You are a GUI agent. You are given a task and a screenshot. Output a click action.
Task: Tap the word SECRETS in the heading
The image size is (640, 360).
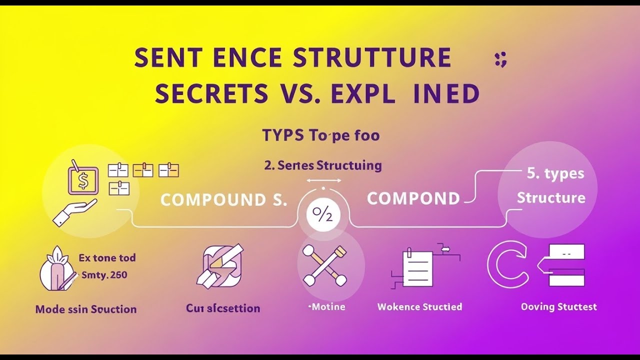211,93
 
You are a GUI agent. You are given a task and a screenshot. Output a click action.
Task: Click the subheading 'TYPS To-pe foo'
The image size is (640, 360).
320,135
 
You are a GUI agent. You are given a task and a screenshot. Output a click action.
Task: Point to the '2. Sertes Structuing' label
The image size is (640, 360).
322,165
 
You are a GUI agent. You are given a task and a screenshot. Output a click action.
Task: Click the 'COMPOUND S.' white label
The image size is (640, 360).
223,200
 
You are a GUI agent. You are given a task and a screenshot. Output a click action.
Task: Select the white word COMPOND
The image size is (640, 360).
413,198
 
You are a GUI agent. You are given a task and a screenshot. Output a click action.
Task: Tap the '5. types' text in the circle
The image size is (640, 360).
555,174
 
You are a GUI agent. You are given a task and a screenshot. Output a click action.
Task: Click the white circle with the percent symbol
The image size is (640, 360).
322,215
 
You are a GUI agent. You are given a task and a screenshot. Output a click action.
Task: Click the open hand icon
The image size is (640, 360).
74,212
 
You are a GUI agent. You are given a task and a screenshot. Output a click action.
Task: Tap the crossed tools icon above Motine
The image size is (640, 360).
324,265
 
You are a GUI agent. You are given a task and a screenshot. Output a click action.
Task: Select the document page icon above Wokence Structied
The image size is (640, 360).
417,267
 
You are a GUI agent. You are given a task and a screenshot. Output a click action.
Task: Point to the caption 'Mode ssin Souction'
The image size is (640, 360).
85,309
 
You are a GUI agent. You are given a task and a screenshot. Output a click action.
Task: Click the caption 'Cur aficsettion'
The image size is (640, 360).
223,308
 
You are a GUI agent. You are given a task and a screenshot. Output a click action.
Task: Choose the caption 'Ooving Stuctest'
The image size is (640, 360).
558,306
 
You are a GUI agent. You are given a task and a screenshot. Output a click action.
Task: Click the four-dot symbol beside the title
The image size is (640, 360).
500,59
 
